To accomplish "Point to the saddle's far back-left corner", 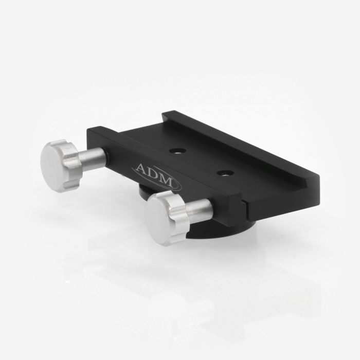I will tap(164, 114).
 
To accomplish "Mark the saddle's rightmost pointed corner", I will tap(318, 177).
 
